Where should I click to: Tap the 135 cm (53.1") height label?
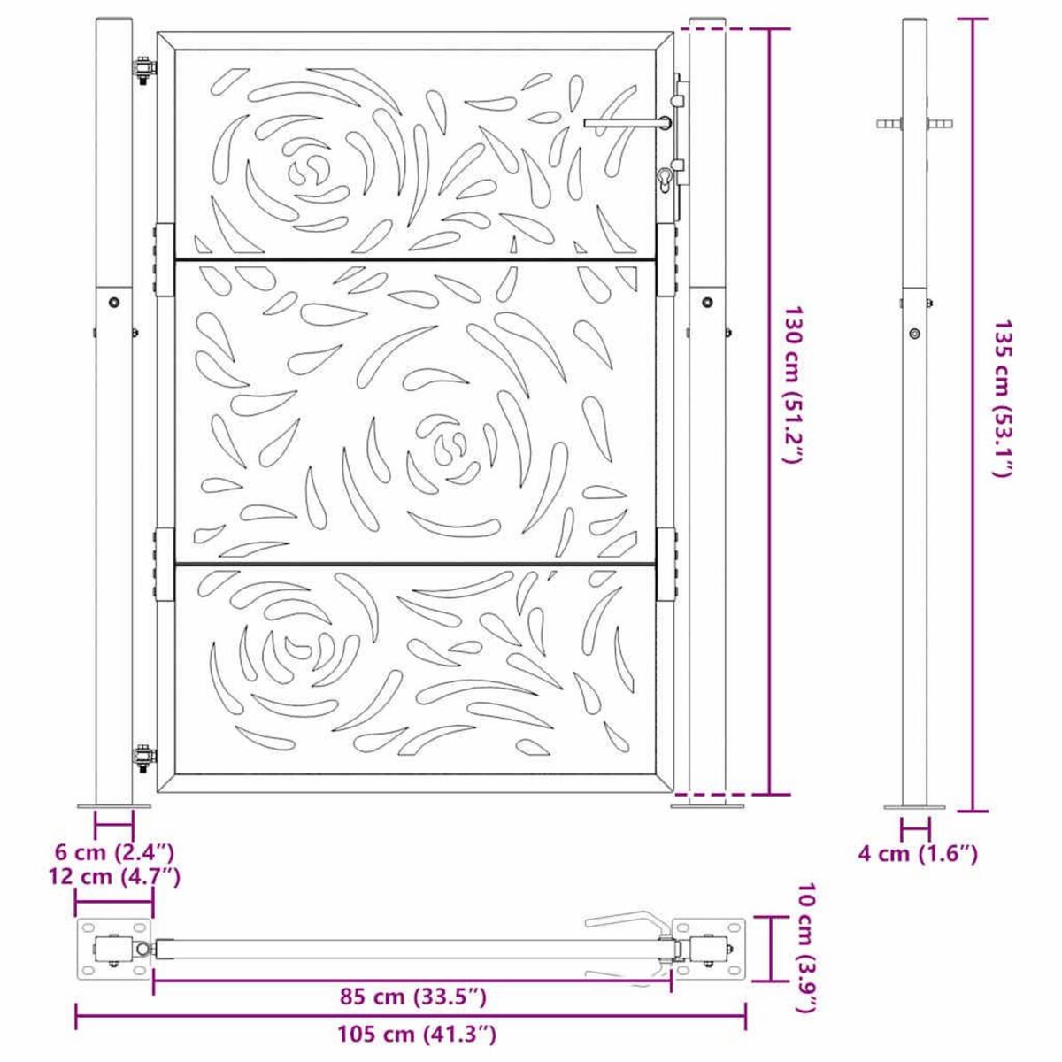(x=1001, y=398)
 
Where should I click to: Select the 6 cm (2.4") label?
(x=114, y=853)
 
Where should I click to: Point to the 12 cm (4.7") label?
(x=114, y=876)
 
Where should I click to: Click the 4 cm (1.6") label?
(x=918, y=853)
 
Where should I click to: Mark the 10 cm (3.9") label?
(x=804, y=948)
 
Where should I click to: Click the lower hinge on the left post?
(x=144, y=757)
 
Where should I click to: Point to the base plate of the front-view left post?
(x=114, y=805)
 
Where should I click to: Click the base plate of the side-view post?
(x=915, y=807)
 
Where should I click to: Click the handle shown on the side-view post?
(x=915, y=123)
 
